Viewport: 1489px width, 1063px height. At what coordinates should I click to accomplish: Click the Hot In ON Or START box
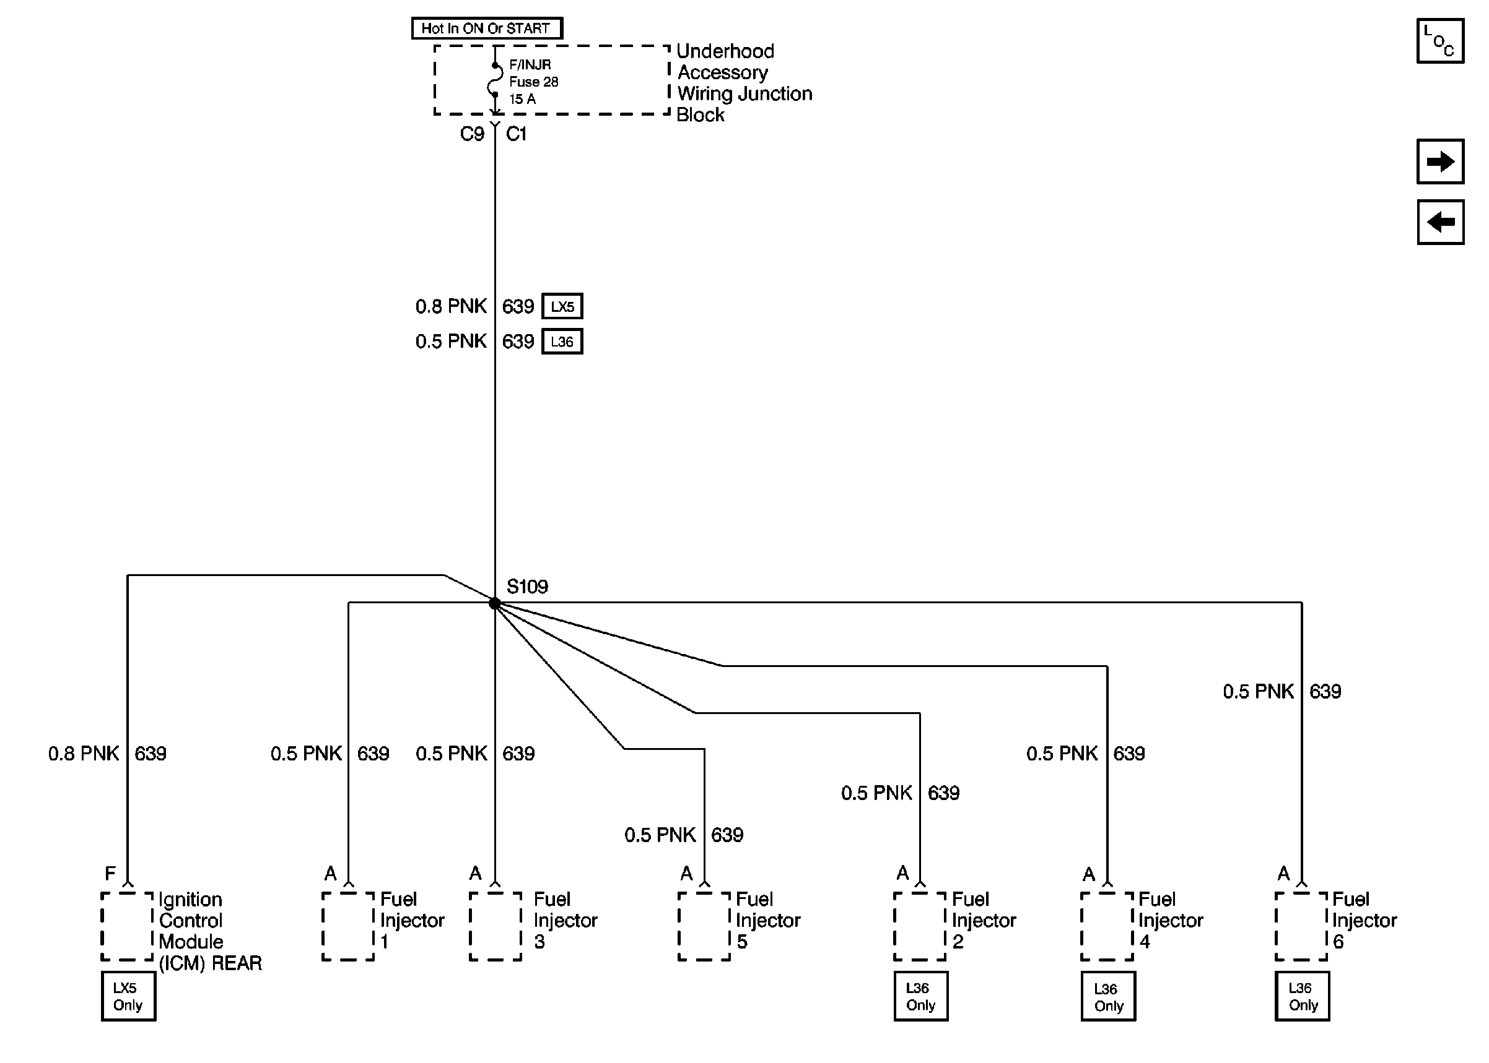pos(486,28)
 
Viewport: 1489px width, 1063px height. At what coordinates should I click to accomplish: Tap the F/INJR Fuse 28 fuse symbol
pos(496,80)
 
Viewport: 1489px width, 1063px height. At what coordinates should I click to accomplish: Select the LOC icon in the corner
pos(1439,41)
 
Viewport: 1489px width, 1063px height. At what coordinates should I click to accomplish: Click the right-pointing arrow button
pos(1439,161)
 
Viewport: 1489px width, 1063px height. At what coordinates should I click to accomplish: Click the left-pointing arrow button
pos(1439,222)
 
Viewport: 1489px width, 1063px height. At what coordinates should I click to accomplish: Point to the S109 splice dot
pos(495,603)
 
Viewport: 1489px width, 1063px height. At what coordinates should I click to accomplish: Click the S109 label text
pos(526,586)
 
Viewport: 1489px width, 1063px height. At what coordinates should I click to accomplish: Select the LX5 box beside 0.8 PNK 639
pos(561,306)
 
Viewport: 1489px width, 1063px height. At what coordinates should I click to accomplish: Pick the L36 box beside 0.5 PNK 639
pos(561,342)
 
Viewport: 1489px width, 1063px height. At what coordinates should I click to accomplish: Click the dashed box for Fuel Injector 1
pos(348,926)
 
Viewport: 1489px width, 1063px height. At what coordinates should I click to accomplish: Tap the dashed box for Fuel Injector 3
pos(496,926)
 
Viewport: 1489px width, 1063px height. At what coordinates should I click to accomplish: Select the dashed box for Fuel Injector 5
pos(704,926)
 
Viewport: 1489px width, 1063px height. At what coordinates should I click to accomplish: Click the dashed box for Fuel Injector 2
pos(919,926)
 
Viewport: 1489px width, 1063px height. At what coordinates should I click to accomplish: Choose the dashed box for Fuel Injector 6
pos(1300,926)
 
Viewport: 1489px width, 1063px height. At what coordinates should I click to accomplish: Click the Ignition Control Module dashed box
pos(127,926)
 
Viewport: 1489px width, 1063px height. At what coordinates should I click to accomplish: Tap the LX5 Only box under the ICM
pos(128,996)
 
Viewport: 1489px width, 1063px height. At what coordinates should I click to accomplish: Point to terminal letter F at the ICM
pos(110,873)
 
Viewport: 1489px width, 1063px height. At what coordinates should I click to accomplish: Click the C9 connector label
pos(471,134)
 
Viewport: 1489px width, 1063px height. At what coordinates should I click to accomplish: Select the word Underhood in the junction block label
pos(725,51)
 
